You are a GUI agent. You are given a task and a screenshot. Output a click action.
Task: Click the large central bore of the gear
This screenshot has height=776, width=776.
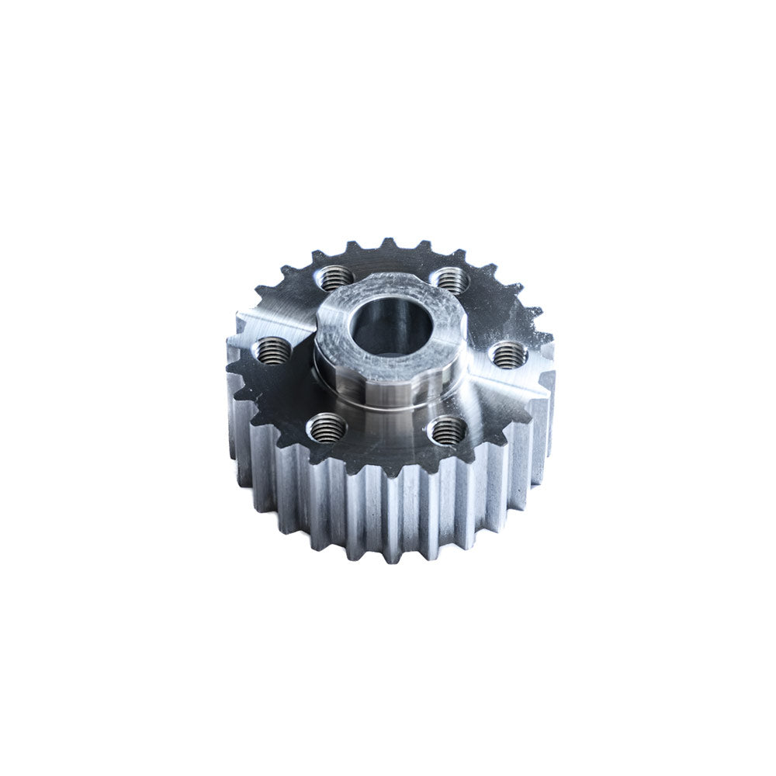pos(386,326)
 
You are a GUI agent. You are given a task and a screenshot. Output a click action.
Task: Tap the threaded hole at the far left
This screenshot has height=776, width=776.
pos(273,352)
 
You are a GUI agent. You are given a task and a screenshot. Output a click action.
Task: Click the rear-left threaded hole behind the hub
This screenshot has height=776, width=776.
pos(335,275)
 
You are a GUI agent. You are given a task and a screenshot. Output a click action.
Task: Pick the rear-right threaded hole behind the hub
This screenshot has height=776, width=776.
pos(449,279)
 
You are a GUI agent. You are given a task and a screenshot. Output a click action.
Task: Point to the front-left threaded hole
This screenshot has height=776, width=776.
pos(327,426)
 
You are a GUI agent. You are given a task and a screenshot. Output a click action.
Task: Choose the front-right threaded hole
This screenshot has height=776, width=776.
pos(448,430)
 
